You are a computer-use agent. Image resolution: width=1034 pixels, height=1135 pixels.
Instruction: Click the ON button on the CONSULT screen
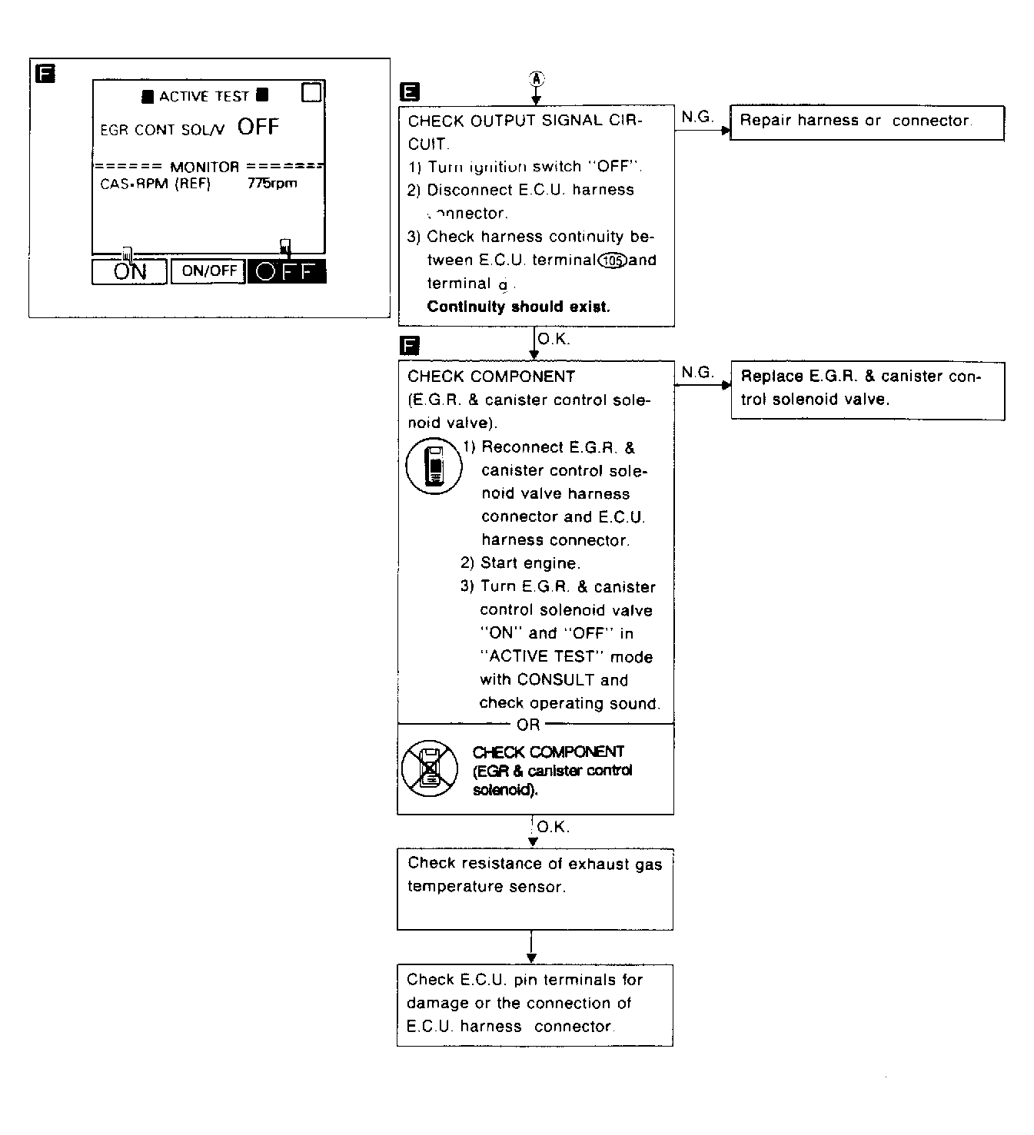point(129,271)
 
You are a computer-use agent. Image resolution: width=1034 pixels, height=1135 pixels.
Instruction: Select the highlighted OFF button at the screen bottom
point(286,271)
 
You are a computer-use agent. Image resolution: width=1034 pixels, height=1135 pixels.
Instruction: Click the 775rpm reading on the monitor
point(272,184)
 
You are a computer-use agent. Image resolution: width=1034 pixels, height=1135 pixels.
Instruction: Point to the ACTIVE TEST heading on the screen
point(204,97)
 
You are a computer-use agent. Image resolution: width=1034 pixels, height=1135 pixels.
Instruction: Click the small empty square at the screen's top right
point(312,92)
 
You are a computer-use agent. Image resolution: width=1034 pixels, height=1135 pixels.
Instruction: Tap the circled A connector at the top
point(537,78)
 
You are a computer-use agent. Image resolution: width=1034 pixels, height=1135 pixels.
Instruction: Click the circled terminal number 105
point(613,260)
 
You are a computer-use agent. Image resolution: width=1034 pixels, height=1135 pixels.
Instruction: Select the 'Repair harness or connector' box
point(866,122)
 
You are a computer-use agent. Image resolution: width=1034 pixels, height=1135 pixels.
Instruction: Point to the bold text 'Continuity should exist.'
point(518,307)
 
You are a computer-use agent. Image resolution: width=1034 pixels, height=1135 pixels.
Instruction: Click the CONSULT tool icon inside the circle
point(434,466)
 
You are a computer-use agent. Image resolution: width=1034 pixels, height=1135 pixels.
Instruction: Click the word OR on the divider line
point(528,725)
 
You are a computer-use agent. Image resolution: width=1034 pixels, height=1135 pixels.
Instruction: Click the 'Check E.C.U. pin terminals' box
point(534,1004)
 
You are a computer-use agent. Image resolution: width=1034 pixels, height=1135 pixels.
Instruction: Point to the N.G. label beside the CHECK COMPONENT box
point(697,373)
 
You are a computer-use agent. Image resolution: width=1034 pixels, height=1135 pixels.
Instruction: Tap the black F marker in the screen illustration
point(46,74)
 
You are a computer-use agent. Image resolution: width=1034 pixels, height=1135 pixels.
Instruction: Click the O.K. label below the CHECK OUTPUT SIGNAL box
point(553,339)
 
